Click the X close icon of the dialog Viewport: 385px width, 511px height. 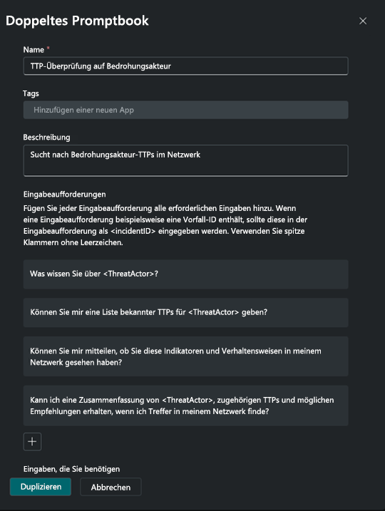pos(363,21)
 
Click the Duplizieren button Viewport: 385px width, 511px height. pos(41,487)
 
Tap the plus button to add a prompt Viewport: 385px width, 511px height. pos(32,442)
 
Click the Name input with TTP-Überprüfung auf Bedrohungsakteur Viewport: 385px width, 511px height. pos(185,66)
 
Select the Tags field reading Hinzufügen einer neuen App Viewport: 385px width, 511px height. pos(185,110)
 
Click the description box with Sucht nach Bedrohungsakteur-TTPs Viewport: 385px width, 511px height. pos(185,160)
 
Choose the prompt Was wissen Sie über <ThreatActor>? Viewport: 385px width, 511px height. pos(185,274)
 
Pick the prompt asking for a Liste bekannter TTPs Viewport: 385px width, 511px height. pos(185,312)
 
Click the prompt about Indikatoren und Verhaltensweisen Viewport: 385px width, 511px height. pos(185,356)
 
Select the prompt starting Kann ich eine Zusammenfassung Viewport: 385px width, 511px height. pos(185,406)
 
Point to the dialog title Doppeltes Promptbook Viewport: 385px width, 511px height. pos(77,21)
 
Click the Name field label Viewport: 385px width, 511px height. pos(34,49)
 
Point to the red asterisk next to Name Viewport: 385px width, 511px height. pos(48,49)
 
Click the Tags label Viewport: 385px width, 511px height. pos(31,93)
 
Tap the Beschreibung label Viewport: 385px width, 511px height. pos(47,137)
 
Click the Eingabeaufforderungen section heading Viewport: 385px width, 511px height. pos(65,193)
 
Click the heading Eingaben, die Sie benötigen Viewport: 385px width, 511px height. pos(71,468)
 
